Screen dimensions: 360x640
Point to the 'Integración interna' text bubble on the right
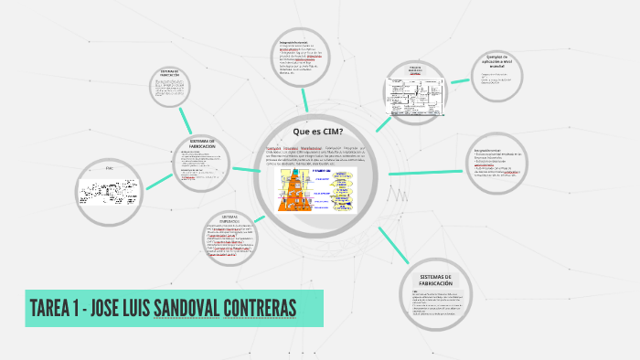[x=500, y=164]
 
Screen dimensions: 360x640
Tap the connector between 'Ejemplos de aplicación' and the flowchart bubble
[x=457, y=79]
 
